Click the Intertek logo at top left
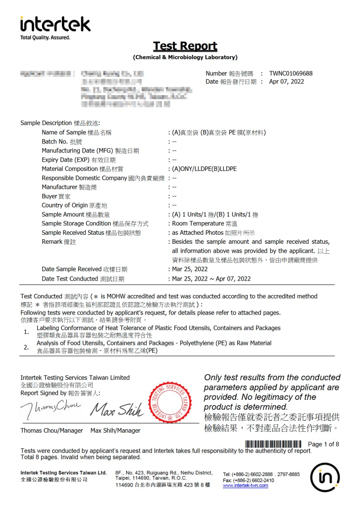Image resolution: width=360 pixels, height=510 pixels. pos(55,24)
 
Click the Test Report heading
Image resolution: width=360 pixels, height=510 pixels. pos(185,46)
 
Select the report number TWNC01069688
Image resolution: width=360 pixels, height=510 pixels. pos(291,73)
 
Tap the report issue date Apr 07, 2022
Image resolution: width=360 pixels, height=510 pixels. pos(286,82)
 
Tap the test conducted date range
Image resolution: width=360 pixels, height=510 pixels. pos(211,279)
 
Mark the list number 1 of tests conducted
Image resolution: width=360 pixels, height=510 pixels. pos(26,332)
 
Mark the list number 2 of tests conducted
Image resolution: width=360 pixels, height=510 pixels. pos(26,347)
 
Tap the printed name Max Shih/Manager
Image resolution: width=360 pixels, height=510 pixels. pos(115,430)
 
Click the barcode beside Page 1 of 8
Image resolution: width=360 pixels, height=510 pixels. pos(273,444)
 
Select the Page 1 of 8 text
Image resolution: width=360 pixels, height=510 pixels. pos(324,444)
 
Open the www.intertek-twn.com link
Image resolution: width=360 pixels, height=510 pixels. pos(245,485)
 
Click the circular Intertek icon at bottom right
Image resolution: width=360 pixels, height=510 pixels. pos(325,477)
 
